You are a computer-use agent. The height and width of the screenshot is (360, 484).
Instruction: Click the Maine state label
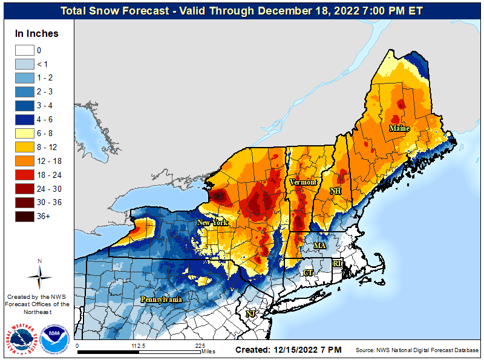point(399,128)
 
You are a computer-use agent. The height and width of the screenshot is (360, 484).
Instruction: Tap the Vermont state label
point(303,182)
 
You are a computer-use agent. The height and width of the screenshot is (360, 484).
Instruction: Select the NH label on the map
point(335,191)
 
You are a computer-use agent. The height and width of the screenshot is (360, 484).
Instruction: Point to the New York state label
point(212,223)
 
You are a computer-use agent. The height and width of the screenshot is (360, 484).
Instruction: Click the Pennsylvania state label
point(162,299)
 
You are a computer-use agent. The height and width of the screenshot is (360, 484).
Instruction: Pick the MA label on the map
point(319,246)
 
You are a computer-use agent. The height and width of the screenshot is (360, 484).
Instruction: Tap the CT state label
point(308,273)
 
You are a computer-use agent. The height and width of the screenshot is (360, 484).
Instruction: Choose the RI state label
point(337,263)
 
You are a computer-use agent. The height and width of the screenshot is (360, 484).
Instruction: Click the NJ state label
point(250,313)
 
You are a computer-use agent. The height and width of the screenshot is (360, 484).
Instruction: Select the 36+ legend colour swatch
point(25,216)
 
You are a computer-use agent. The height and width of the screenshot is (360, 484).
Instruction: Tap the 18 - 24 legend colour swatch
point(25,175)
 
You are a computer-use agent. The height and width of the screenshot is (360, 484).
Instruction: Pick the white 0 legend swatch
point(25,51)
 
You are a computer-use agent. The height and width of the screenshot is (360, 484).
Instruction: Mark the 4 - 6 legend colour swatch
point(25,120)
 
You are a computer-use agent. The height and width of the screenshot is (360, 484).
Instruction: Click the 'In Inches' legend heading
point(37,33)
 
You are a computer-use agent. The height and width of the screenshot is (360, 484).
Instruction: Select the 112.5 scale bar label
point(139,346)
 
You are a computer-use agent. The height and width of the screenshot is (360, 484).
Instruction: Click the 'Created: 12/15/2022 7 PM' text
point(288,350)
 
